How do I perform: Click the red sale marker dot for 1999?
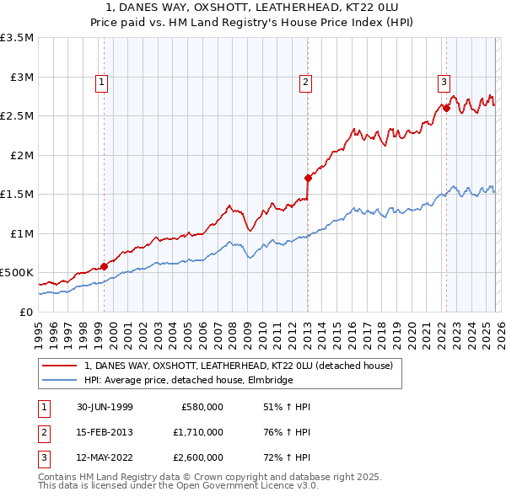pyautogui.click(x=105, y=266)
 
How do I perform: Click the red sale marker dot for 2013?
pyautogui.click(x=308, y=178)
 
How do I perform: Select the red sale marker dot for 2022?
pyautogui.click(x=445, y=107)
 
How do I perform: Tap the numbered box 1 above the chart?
pyautogui.click(x=101, y=82)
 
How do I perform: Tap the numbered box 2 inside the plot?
pyautogui.click(x=304, y=82)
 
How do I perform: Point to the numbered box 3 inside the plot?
pyautogui.click(x=443, y=82)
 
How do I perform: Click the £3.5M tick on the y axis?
pyautogui.click(x=17, y=38)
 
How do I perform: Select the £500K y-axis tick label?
pyautogui.click(x=17, y=273)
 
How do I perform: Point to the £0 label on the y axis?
pyautogui.click(x=26, y=312)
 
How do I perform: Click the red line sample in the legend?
pyautogui.click(x=59, y=366)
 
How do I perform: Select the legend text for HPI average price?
pyautogui.click(x=188, y=381)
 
